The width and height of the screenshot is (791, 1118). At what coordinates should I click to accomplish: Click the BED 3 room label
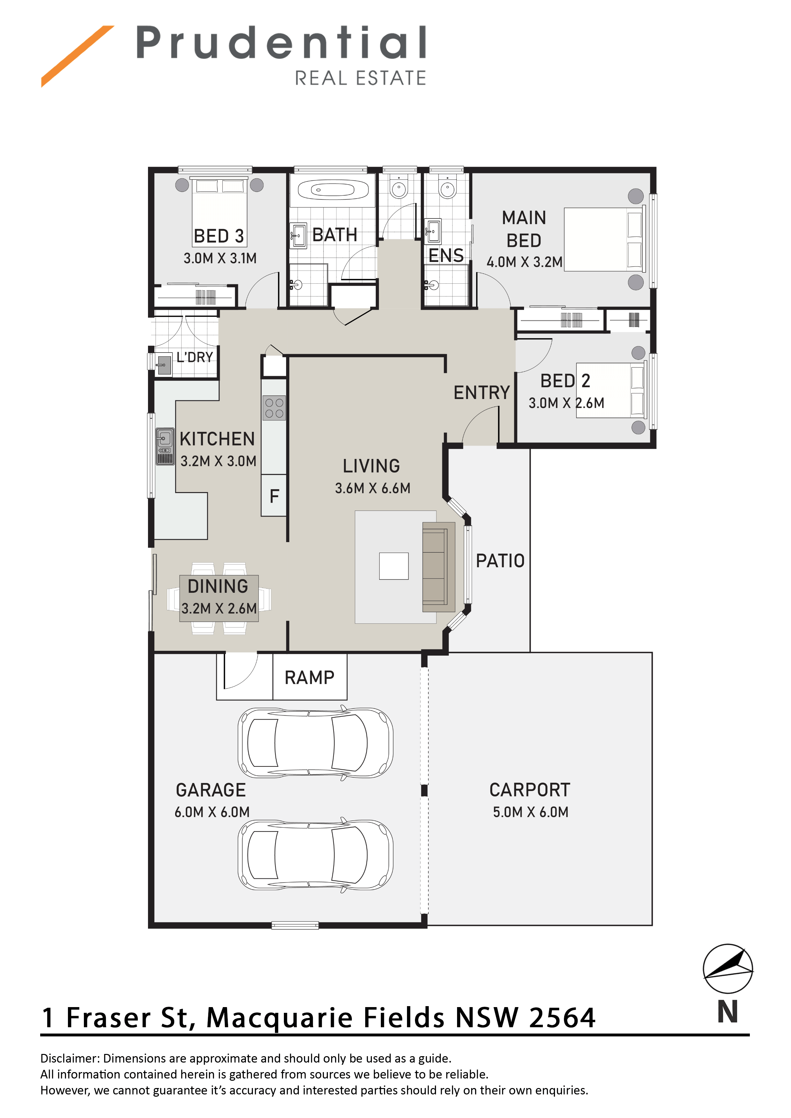(219, 236)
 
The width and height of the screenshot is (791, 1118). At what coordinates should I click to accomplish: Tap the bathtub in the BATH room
(333, 190)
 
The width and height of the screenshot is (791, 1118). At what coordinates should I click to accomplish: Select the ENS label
(446, 256)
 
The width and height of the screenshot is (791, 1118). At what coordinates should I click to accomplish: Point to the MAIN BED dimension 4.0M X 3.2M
(524, 262)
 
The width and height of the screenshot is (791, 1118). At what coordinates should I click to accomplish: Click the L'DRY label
(195, 357)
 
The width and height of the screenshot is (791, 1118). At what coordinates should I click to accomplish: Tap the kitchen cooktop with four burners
(274, 408)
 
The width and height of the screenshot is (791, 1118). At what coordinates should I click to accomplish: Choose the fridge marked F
(274, 496)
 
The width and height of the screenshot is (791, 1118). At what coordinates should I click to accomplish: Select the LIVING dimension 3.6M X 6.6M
(373, 488)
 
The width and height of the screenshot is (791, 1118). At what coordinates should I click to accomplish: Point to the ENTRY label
(482, 392)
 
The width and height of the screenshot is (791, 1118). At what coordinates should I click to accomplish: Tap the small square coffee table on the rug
(394, 566)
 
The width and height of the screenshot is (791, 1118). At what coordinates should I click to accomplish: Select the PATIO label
(500, 561)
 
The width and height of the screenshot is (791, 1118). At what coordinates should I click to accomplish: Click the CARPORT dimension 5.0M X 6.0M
(531, 812)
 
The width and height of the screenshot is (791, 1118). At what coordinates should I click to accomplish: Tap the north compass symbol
(728, 969)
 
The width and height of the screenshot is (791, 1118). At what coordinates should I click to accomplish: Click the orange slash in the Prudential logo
(78, 56)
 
